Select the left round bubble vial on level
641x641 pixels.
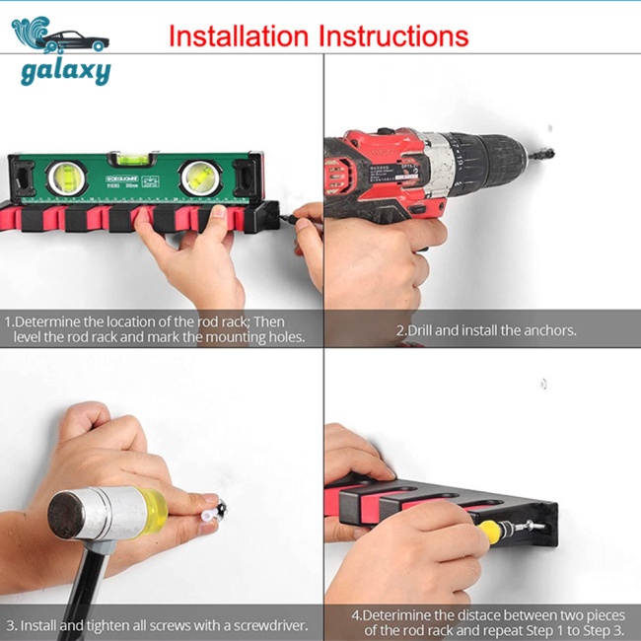point(67,178)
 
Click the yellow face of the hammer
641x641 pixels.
point(158,504)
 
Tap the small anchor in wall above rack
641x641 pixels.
point(544,381)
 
